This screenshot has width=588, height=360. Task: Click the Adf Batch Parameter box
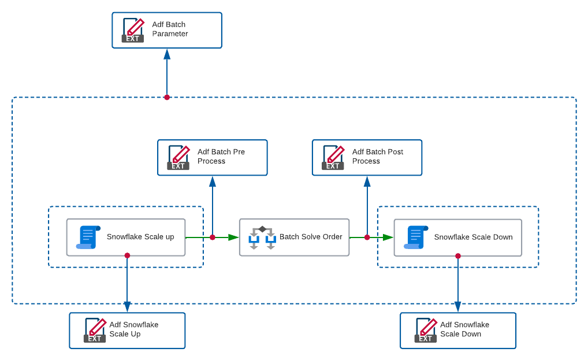click(166, 30)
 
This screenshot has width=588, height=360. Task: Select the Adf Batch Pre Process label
click(221, 157)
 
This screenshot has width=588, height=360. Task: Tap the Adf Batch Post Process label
click(377, 157)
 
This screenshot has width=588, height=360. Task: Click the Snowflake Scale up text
click(140, 237)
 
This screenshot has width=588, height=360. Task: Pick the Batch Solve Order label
click(311, 237)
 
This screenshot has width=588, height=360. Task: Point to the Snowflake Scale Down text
click(473, 237)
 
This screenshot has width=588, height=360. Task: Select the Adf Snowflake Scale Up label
click(133, 329)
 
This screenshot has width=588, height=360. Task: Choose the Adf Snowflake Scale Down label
click(464, 329)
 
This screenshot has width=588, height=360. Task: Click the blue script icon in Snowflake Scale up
click(88, 237)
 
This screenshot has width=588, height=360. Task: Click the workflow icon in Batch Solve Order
click(262, 237)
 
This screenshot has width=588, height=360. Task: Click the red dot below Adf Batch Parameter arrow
click(167, 97)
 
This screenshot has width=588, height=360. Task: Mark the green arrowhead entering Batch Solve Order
click(233, 237)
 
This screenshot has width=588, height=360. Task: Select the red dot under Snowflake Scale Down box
click(457, 256)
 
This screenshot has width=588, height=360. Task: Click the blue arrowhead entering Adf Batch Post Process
click(367, 181)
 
